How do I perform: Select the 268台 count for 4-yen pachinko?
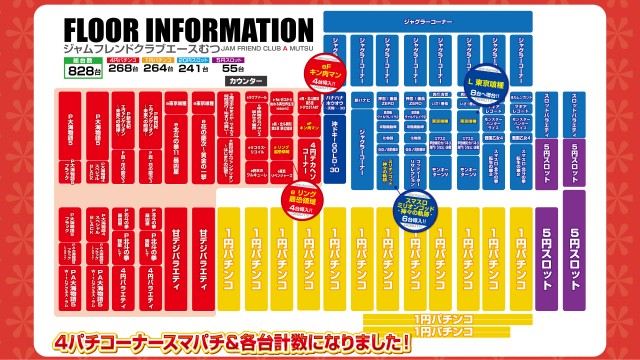(123, 69)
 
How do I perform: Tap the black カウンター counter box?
(246, 80)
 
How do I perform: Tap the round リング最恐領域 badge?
(301, 194)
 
